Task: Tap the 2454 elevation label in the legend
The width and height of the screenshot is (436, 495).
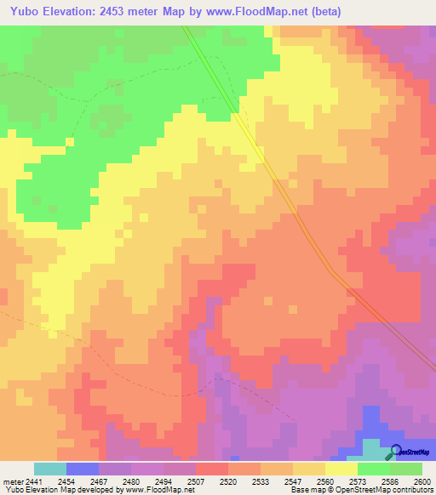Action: tap(66, 481)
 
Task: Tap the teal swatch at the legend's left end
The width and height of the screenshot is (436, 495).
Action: tap(50, 469)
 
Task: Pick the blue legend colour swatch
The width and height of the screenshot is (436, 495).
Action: tap(83, 469)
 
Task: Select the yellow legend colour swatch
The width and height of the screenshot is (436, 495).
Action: tap(341, 469)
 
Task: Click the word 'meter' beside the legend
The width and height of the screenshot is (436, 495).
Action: tap(12, 481)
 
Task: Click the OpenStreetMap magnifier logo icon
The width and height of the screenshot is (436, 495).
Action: tap(396, 452)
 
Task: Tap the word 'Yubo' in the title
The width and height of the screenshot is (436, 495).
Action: tap(20, 9)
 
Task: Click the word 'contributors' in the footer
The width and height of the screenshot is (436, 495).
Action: tap(410, 490)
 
